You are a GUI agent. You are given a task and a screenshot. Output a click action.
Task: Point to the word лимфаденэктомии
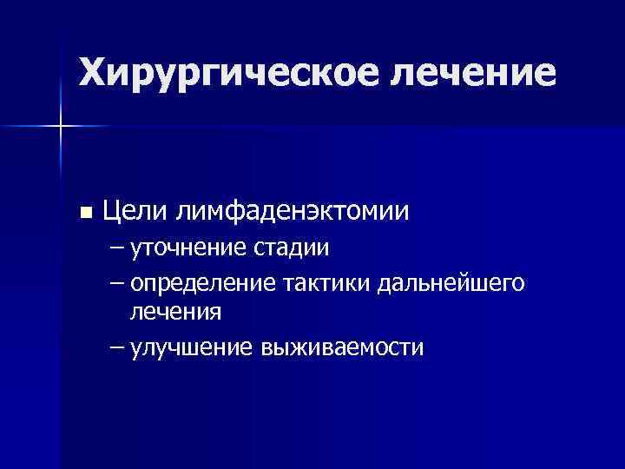pos(292,211)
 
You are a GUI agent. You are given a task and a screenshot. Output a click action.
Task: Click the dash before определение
pos(117,284)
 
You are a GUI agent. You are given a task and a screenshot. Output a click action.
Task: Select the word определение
pos(202,284)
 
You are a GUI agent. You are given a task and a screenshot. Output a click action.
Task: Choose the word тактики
pos(326,284)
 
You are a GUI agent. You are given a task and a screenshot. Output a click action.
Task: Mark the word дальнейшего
pos(451,284)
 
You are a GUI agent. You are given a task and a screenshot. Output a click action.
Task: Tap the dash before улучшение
pos(117,347)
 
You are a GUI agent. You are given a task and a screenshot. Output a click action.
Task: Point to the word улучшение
pos(190,347)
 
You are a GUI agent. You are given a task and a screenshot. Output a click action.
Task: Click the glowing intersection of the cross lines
pos(62,127)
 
